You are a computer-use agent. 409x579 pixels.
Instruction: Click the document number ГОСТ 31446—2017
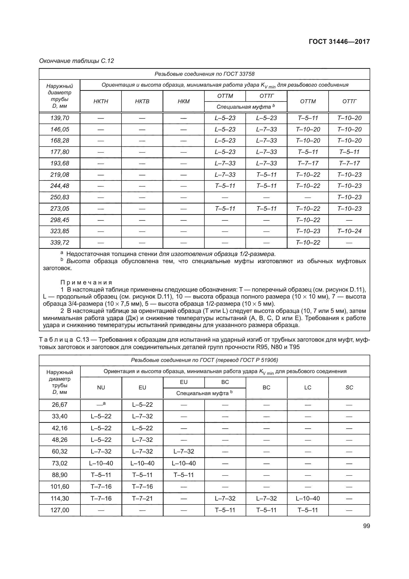[339, 42]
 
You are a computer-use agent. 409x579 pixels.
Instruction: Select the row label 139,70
[59, 118]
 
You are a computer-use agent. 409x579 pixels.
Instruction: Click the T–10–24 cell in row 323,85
[349, 231]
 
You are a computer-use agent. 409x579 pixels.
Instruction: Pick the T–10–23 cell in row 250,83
[349, 197]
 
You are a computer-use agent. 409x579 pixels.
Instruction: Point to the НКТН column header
[100, 101]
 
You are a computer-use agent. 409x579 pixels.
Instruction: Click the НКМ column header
[183, 101]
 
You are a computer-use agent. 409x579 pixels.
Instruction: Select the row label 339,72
[59, 242]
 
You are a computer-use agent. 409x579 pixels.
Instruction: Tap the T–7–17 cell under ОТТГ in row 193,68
[349, 163]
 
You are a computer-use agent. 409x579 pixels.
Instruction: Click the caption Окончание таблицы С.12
[76, 61]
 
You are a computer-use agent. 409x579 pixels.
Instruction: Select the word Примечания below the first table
[86, 282]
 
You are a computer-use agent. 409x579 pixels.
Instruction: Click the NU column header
[101, 388]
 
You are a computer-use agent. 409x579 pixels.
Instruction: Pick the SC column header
[349, 388]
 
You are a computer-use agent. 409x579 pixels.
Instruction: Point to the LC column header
[308, 388]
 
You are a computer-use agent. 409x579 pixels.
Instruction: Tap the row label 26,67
[59, 405]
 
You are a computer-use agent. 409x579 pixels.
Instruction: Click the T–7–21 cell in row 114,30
[142, 498]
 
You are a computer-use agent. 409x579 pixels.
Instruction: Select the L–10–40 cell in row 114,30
[308, 498]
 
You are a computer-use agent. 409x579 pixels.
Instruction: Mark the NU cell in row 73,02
[101, 463]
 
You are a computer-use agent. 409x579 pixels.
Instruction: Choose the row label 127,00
[59, 510]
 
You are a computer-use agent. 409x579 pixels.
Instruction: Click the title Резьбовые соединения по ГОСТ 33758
[204, 74]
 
